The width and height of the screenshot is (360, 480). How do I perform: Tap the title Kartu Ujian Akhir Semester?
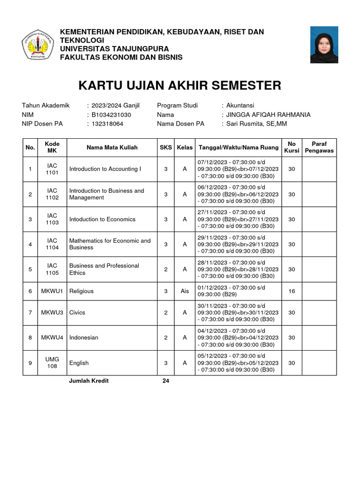coord(180,86)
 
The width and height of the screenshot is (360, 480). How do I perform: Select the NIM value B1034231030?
coord(111,115)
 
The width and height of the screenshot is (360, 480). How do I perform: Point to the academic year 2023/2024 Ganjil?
coord(115,105)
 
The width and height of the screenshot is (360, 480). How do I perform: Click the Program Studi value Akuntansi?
coord(240,105)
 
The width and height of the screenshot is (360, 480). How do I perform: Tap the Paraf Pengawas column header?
coord(319,147)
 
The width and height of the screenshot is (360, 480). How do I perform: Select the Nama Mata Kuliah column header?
coord(112,148)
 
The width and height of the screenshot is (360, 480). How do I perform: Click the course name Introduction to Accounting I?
coord(105,169)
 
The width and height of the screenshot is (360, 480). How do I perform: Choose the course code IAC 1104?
coord(52,244)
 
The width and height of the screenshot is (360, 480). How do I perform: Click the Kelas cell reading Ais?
coord(185,291)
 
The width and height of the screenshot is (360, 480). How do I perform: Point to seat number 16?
coord(292,291)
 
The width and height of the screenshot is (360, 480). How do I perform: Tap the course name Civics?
coord(77,313)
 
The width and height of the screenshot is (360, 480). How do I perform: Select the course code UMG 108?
coord(52,362)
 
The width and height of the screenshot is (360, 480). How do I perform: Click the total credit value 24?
coord(165,381)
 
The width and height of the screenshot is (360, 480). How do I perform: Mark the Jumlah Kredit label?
coord(89,381)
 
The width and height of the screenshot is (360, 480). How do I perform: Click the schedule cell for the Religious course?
coord(238,291)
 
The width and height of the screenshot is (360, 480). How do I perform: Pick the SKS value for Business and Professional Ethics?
coord(166,269)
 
